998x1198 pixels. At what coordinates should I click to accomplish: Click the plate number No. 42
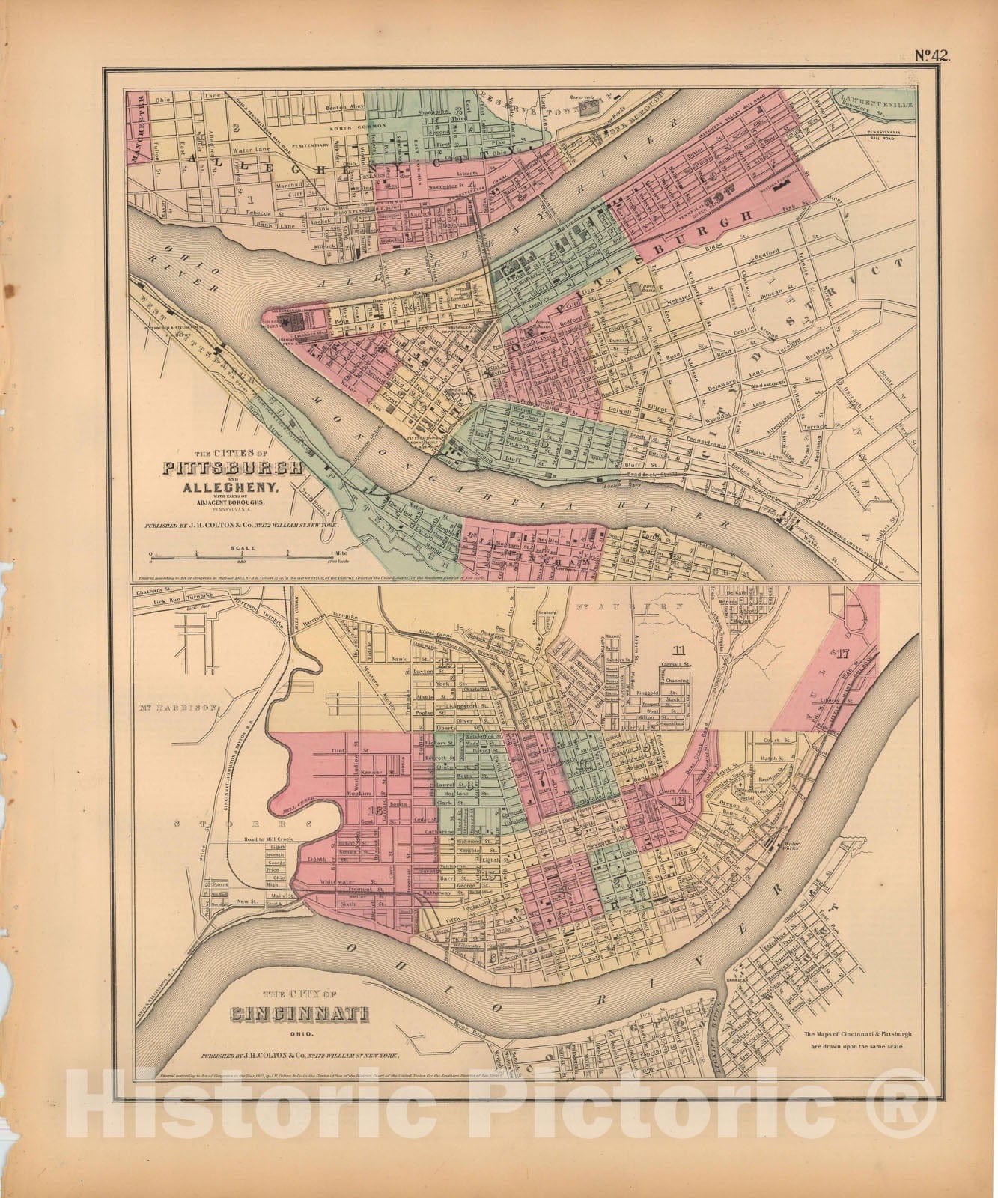pos(930,55)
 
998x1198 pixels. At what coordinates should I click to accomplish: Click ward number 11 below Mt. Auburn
pos(680,649)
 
